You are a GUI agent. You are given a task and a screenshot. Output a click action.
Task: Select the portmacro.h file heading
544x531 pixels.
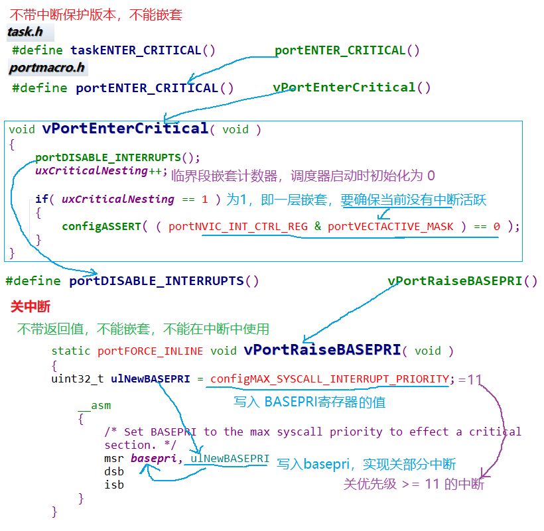46,68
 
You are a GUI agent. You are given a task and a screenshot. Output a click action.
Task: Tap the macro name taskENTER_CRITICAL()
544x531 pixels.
143,50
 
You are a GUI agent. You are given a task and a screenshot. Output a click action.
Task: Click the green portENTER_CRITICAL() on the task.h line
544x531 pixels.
347,50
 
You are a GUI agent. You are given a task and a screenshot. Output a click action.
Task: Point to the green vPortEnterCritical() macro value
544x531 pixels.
352,88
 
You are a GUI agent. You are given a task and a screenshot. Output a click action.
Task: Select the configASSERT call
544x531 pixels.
101,227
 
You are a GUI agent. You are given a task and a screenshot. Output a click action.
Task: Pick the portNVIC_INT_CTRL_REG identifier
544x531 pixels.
238,227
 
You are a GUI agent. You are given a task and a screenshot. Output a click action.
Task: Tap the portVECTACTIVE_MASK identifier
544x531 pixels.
390,227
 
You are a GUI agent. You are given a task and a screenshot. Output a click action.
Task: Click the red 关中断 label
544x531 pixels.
31,307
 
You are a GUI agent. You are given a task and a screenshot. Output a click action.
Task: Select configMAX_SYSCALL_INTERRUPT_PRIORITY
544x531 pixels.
330,379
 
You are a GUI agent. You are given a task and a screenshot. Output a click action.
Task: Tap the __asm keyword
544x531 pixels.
94,406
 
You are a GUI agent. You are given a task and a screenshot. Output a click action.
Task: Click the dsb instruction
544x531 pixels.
114,472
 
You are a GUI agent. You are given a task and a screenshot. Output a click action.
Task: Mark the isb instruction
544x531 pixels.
114,485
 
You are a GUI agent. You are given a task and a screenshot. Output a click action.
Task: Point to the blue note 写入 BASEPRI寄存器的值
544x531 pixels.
309,402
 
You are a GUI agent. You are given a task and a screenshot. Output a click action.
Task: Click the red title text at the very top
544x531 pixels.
95,14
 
